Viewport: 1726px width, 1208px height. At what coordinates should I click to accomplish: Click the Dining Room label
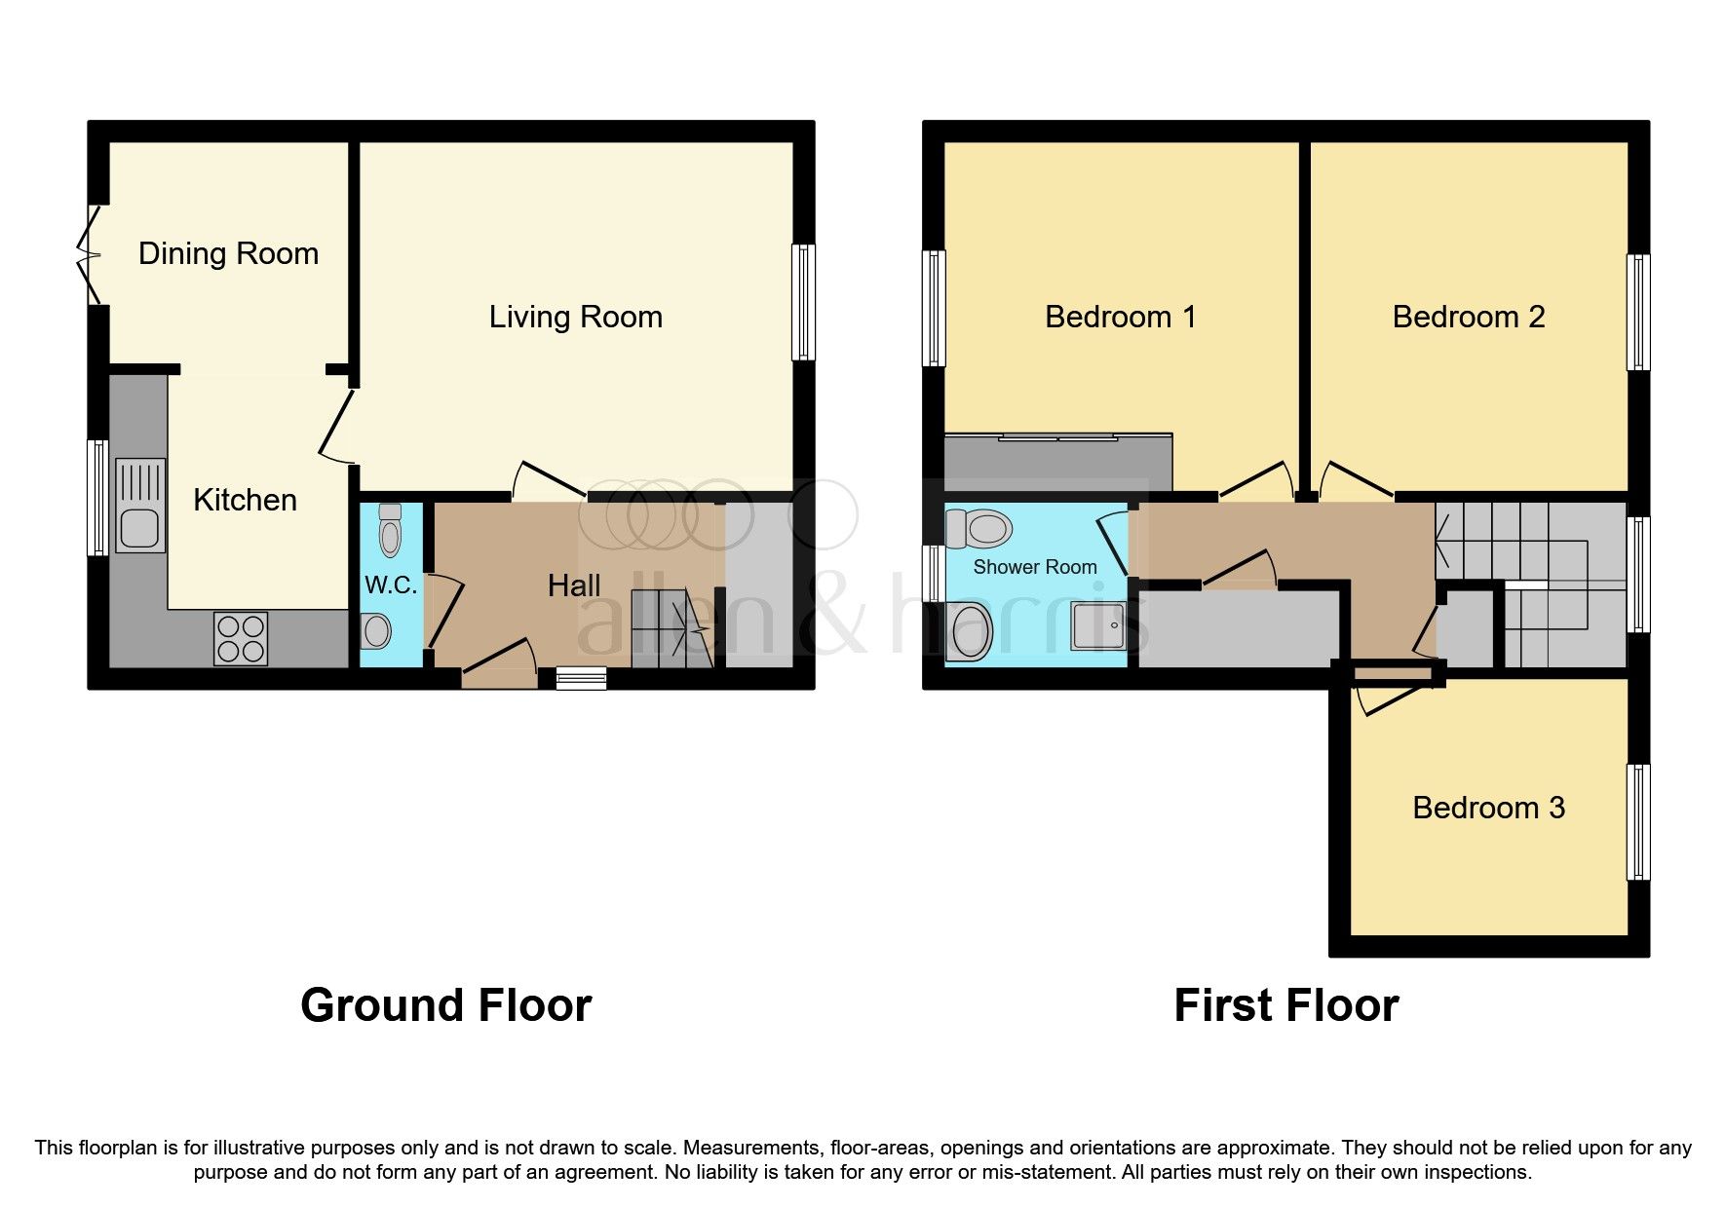point(228,253)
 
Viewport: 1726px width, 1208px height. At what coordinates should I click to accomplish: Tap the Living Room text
point(575,317)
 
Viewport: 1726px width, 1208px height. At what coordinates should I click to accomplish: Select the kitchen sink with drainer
point(139,505)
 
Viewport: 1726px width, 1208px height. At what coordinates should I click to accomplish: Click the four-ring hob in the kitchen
point(241,639)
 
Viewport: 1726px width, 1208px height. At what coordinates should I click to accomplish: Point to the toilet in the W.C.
point(390,530)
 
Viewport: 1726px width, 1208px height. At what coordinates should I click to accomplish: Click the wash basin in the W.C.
point(375,631)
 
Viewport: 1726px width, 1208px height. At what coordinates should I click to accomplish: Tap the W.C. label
point(391,585)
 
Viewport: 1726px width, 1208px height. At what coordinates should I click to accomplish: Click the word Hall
point(574,585)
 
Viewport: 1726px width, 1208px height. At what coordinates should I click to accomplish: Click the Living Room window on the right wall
point(803,302)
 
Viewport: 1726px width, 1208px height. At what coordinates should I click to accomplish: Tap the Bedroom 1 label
point(1120,317)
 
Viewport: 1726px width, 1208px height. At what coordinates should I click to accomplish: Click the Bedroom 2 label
point(1468,317)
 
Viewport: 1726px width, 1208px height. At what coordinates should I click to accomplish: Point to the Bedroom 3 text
point(1488,808)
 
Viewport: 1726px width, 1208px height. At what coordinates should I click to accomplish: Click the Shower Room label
point(1034,567)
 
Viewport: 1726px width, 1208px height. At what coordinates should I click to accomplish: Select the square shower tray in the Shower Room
point(1098,625)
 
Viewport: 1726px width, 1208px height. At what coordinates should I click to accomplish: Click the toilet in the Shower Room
point(980,529)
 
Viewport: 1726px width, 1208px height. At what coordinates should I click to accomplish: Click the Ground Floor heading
point(445,1005)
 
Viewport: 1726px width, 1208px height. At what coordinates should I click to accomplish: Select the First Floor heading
point(1285,1005)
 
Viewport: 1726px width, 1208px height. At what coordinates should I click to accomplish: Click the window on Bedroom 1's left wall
point(934,308)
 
